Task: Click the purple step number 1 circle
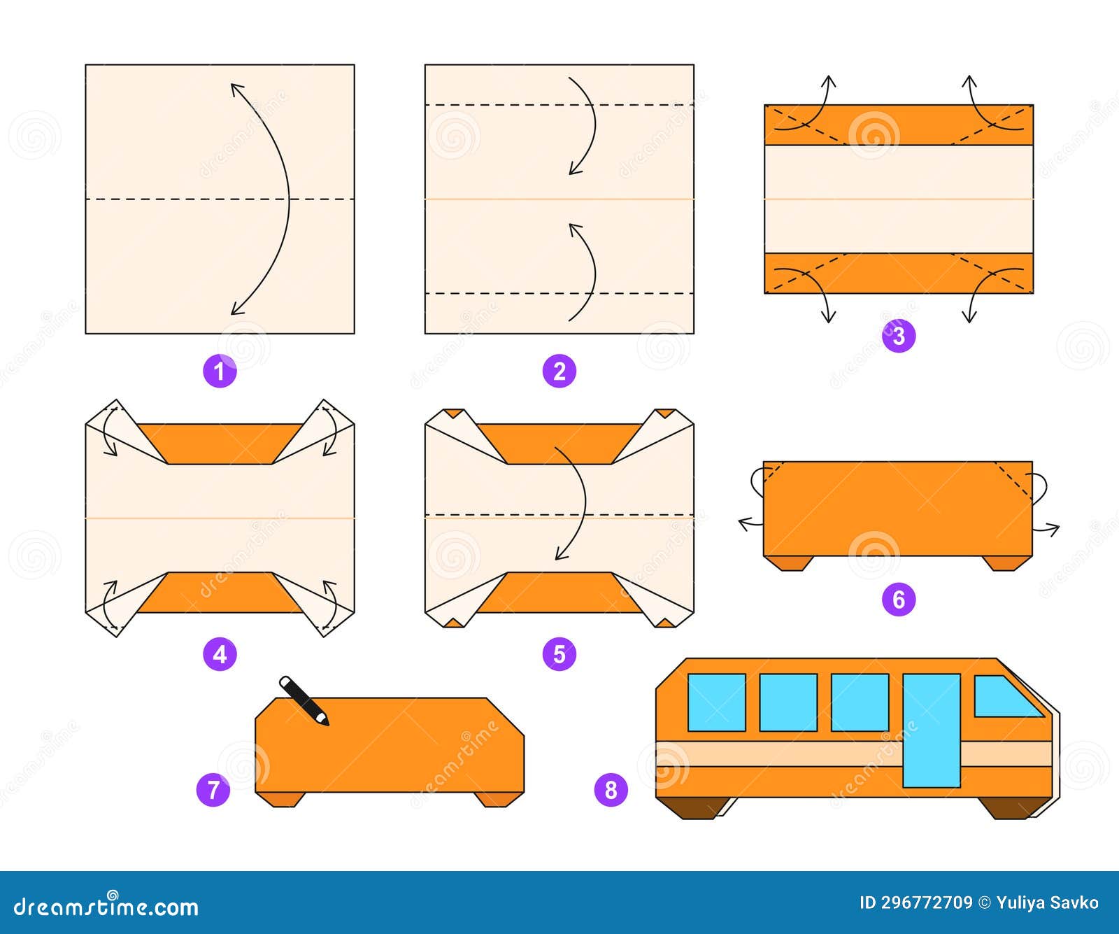(220, 371)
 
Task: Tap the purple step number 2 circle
(559, 371)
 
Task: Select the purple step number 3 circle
(899, 336)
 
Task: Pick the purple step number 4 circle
(220, 654)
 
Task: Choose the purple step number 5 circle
(559, 654)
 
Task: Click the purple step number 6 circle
(899, 599)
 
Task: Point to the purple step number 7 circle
(213, 790)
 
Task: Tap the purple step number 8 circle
(611, 790)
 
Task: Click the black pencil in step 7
(304, 700)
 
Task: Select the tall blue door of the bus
(931, 730)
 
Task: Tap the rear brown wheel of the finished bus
(694, 807)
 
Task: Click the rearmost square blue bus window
(716, 702)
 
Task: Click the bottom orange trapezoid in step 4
(220, 593)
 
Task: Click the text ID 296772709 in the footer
(915, 903)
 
